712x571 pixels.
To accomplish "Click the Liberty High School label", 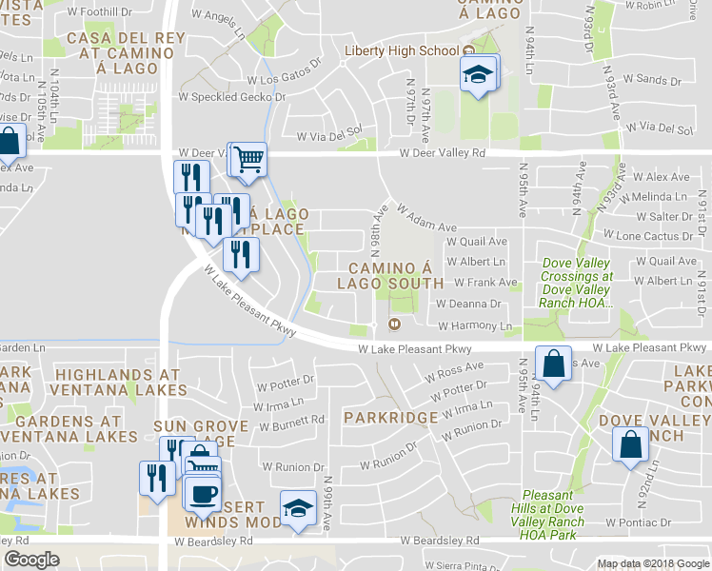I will coord(402,50).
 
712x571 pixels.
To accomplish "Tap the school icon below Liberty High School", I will coord(479,73).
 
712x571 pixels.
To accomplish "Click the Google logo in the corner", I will coord(31,560).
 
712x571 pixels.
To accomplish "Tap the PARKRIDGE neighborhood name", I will coord(390,418).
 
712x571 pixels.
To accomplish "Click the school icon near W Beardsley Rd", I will coord(298,508).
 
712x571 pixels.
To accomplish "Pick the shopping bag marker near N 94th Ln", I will coord(554,364).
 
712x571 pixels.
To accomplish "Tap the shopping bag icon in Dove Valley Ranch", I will coord(630,446).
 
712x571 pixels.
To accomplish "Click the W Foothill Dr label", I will coord(99,11).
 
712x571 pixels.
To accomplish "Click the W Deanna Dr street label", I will coord(467,304).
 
